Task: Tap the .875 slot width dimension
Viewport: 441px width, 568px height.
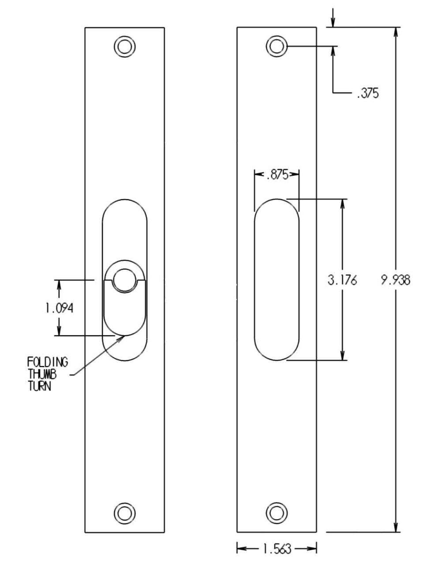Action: [x=277, y=175]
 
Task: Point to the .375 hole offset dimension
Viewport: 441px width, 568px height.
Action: [x=368, y=93]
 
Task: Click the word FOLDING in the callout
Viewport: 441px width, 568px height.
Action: [x=48, y=362]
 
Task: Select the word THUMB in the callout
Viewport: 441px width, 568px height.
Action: [x=42, y=375]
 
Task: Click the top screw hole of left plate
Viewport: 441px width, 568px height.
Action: [x=125, y=47]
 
